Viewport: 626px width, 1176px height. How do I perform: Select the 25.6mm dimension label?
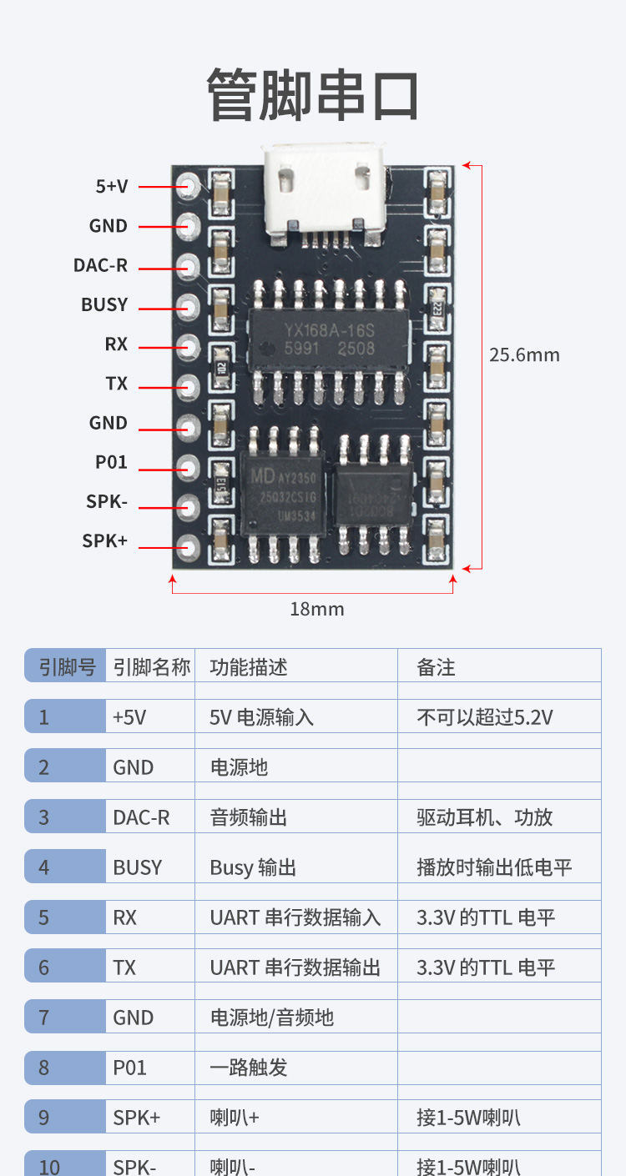coord(524,354)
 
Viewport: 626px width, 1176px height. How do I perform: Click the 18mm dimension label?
coord(317,609)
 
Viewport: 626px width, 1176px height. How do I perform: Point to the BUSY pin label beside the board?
coord(104,304)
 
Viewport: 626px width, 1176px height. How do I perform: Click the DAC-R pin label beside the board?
coord(100,265)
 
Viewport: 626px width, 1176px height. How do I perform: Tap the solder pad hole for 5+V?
coord(188,186)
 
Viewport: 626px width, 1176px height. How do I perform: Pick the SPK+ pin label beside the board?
coord(104,540)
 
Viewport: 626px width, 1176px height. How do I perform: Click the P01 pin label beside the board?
coord(111,462)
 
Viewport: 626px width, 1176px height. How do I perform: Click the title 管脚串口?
coord(313,95)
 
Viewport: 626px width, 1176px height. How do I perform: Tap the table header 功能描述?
coord(249,667)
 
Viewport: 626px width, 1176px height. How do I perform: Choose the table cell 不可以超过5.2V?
coord(484,717)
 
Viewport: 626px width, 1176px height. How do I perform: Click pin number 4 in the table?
coord(44,867)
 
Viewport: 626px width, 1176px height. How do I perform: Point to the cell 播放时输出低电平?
coord(494,867)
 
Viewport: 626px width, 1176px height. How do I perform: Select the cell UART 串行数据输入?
coord(295,917)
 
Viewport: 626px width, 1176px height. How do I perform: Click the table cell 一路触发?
coord(249,1068)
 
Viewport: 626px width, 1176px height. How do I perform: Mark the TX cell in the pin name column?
coord(124,967)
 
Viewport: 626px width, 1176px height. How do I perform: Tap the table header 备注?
coord(436,667)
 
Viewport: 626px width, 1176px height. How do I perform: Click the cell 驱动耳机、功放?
coord(484,817)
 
